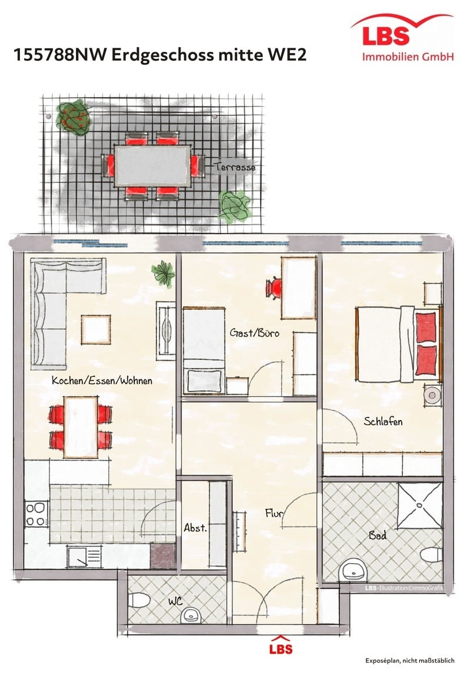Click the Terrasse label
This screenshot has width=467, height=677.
(x=235, y=166)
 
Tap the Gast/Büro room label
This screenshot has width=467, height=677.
(x=254, y=333)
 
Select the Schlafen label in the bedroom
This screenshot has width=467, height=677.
(x=383, y=421)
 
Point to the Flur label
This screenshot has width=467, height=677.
(x=273, y=513)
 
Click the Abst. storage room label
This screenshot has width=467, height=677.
(x=195, y=527)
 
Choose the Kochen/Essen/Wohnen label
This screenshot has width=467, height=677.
(x=102, y=381)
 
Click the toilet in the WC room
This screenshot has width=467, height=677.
(x=139, y=601)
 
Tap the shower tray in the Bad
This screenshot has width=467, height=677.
(x=420, y=505)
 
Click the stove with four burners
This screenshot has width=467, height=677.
(x=36, y=515)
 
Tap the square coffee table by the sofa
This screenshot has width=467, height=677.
(x=96, y=329)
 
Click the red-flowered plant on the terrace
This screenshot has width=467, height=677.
(x=74, y=118)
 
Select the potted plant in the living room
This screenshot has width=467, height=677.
(x=163, y=273)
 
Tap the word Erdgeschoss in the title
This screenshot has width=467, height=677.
(x=162, y=55)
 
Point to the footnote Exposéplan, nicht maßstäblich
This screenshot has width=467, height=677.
(x=409, y=660)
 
